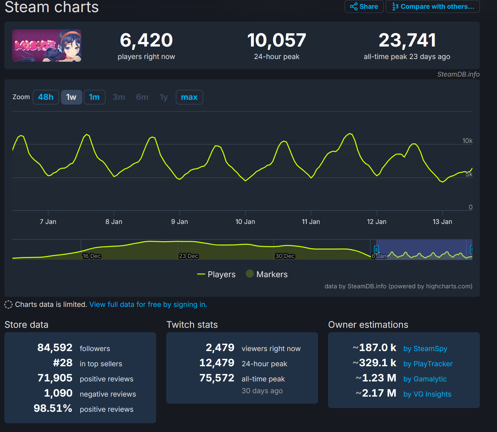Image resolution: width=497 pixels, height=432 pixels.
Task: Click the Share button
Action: click(x=364, y=6)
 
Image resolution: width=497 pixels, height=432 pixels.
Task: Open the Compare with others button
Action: click(x=433, y=6)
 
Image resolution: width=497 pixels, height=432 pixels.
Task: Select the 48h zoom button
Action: click(x=46, y=97)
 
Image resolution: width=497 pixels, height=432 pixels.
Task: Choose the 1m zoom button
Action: click(x=94, y=97)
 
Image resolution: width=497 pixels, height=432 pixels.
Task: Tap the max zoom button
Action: click(x=189, y=97)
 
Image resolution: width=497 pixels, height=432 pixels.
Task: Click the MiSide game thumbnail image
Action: click(x=47, y=46)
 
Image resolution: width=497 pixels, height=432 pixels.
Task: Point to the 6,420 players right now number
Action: click(x=146, y=40)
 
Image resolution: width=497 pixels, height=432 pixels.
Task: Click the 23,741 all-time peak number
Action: click(x=407, y=40)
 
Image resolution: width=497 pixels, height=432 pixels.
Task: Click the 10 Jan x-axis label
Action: click(x=245, y=222)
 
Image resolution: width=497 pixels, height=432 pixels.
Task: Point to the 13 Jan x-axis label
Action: click(x=442, y=222)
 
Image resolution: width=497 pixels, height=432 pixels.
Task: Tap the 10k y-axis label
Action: click(x=467, y=141)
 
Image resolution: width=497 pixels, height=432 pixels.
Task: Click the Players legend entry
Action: click(x=216, y=274)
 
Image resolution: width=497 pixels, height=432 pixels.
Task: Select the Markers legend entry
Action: click(x=267, y=274)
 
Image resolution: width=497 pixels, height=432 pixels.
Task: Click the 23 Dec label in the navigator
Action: click(x=188, y=256)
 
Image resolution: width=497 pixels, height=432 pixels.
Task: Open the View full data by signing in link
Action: click(x=148, y=305)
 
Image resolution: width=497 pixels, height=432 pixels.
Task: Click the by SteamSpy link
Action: click(x=425, y=348)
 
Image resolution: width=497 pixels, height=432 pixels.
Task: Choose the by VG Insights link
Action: click(x=427, y=394)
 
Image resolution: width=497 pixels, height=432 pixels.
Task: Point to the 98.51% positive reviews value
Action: click(x=53, y=408)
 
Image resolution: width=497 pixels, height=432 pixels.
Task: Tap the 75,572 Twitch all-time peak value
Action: click(x=217, y=378)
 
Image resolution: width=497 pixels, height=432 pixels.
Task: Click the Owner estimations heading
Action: click(x=368, y=324)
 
